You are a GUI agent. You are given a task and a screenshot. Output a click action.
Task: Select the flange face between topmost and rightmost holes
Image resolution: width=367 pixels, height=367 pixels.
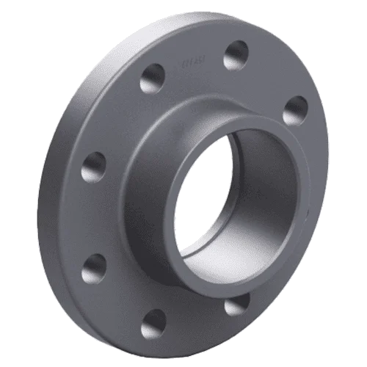point(272,77)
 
